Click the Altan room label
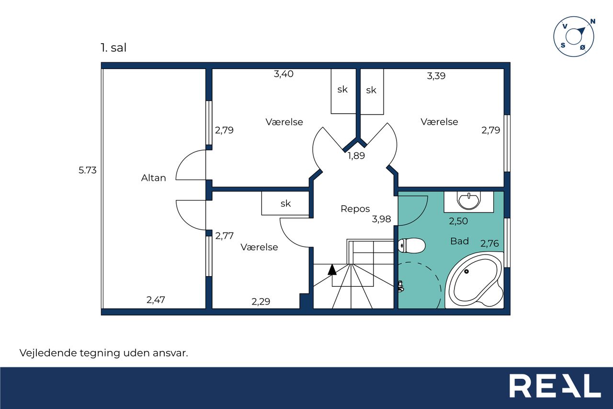[x=154, y=178]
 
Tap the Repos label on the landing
[x=355, y=209]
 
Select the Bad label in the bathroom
[x=459, y=241]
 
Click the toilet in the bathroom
[x=411, y=245]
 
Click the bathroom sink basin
[x=468, y=200]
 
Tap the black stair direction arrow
[x=332, y=269]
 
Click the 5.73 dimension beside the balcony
[x=88, y=170]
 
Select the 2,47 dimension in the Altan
[x=156, y=300]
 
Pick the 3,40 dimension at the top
[x=284, y=74]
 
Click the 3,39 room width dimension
[x=436, y=76]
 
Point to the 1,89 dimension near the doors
[x=356, y=156]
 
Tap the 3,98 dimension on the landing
[x=382, y=219]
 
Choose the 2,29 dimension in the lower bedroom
[x=261, y=302]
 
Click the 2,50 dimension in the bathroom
[x=458, y=221]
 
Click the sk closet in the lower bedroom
[x=285, y=203]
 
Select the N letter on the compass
[x=593, y=21]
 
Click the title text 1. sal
[x=114, y=47]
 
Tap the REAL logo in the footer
[x=555, y=386]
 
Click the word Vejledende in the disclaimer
[x=48, y=353]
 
